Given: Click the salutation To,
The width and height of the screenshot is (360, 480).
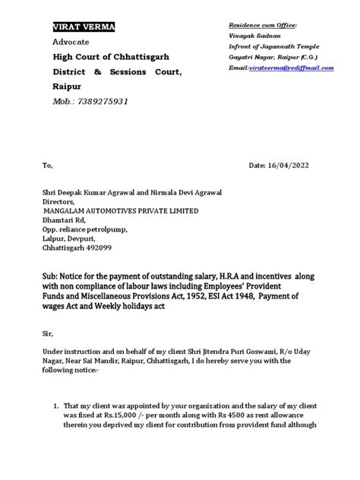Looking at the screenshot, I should [x=48, y=164].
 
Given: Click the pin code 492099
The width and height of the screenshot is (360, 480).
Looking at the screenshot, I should [x=104, y=248].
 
